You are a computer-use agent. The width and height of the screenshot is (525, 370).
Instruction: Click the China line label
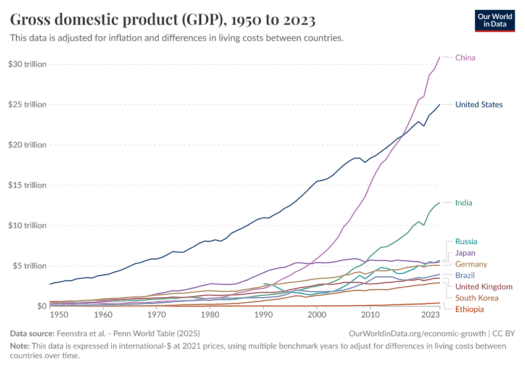[465, 58]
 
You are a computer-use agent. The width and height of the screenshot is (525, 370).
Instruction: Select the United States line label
[479, 105]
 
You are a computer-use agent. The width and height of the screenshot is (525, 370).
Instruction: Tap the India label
[463, 203]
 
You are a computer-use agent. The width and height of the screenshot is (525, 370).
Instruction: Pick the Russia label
[466, 242]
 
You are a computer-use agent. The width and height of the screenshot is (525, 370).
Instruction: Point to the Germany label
[471, 265]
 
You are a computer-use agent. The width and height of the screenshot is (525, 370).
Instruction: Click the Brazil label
[465, 276]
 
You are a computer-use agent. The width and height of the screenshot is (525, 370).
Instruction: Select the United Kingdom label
[484, 287]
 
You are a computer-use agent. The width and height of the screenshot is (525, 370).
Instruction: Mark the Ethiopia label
[470, 309]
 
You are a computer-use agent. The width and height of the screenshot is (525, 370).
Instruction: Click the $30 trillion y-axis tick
[28, 64]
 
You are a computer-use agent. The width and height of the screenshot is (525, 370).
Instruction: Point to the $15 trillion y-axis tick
[28, 185]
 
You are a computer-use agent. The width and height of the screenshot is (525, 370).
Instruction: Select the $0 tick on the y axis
[41, 306]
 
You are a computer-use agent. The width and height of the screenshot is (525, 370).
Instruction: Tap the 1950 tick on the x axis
[59, 315]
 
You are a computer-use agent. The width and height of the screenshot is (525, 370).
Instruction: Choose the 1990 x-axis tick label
[264, 315]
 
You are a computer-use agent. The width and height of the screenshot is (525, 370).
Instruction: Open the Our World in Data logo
[495, 20]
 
